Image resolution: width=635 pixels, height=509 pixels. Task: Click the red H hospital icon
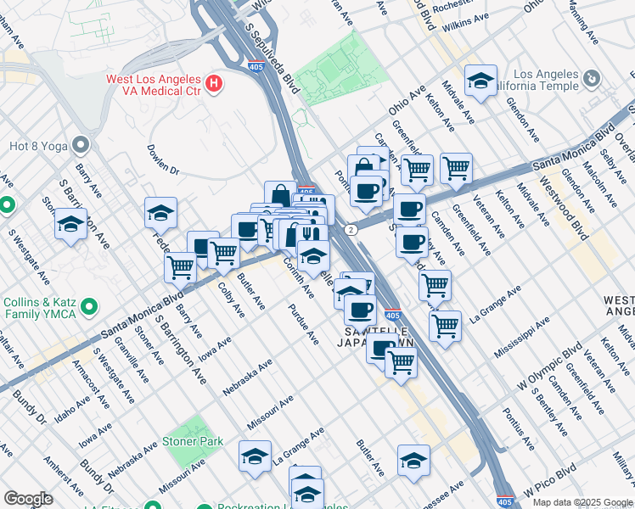(215, 84)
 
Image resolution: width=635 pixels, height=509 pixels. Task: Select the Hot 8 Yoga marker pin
(81, 144)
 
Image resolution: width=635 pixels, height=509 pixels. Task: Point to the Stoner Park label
(194, 441)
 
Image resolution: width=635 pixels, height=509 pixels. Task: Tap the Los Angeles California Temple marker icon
(592, 79)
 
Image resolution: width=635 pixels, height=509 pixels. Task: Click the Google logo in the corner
(28, 499)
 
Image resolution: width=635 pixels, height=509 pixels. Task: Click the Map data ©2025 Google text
(582, 502)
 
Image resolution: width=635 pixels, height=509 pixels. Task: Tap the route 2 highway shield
(349, 230)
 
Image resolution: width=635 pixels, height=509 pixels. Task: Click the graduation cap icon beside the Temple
(481, 81)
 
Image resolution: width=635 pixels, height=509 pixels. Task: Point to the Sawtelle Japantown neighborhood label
(379, 336)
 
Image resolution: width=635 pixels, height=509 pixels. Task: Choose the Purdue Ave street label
(303, 324)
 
